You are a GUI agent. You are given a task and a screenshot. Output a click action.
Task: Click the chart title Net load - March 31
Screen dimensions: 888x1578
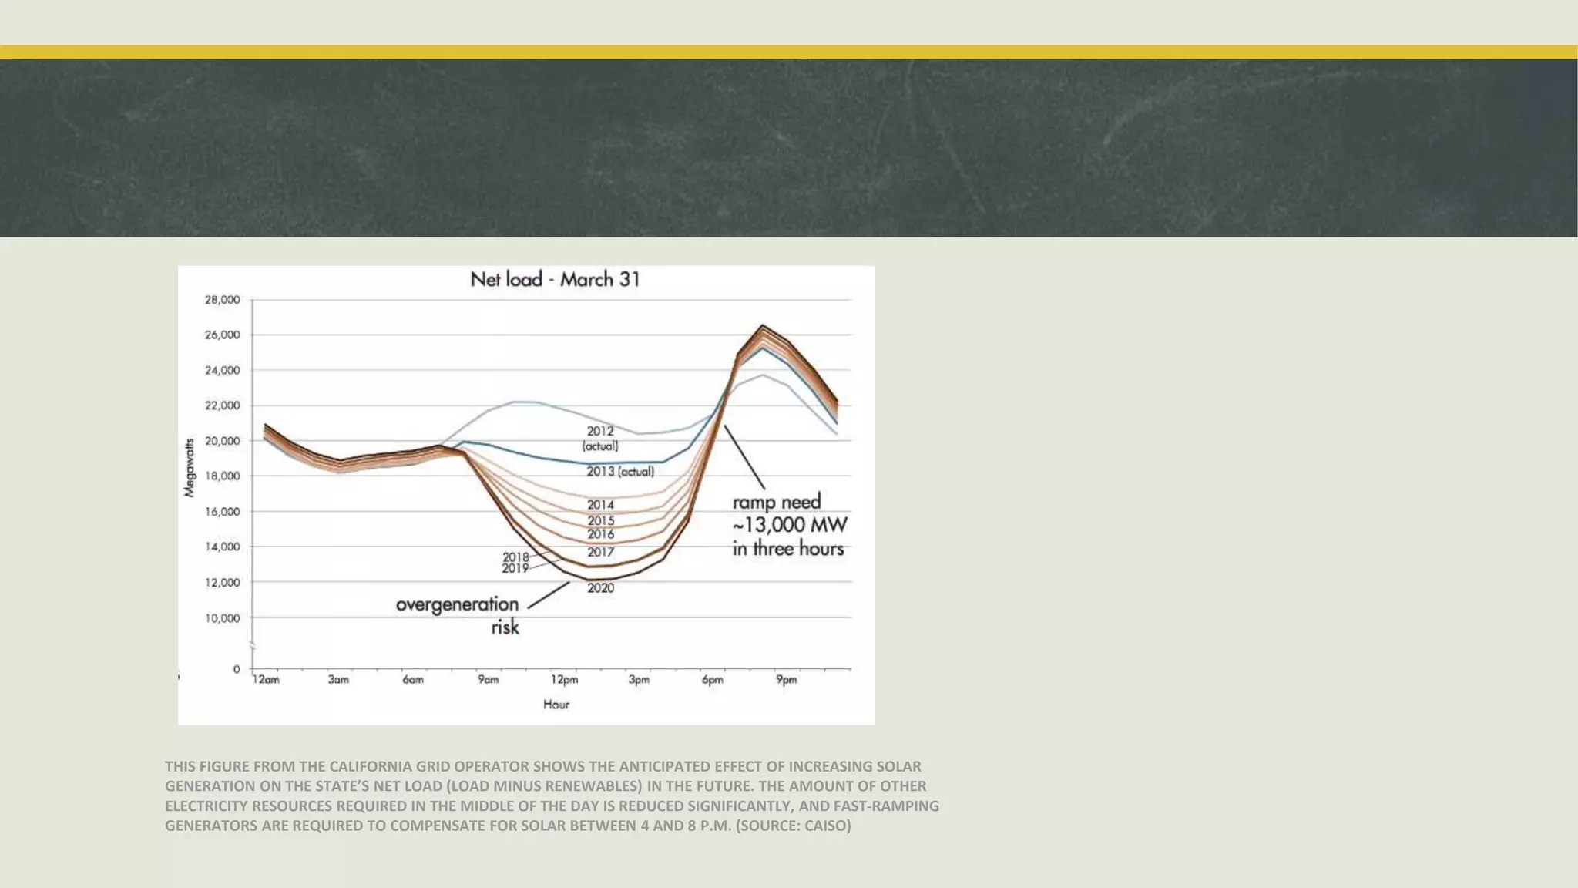(x=555, y=279)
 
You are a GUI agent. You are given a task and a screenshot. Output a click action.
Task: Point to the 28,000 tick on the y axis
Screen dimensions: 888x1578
(x=222, y=300)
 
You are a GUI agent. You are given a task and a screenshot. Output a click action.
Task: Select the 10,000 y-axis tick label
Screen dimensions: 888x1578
(x=222, y=618)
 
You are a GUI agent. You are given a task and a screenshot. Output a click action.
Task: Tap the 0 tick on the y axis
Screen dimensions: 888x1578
(x=237, y=669)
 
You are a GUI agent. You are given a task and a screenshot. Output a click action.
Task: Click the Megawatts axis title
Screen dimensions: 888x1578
(x=190, y=468)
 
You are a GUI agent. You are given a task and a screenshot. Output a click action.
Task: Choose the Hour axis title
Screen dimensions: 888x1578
(x=556, y=705)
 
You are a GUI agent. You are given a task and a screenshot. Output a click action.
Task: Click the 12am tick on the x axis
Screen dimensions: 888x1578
(x=266, y=680)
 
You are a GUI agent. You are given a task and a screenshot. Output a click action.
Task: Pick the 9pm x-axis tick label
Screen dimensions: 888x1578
(x=786, y=680)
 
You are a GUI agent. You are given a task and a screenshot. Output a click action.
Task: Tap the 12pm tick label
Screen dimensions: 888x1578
(x=564, y=680)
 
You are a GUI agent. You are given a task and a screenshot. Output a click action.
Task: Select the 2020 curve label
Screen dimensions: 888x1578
(x=600, y=588)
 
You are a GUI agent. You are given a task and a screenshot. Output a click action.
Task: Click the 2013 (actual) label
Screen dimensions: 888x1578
(x=620, y=471)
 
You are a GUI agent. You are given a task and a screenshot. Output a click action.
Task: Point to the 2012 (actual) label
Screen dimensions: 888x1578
(x=600, y=438)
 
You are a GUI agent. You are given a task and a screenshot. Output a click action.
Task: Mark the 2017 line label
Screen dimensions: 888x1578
(x=600, y=552)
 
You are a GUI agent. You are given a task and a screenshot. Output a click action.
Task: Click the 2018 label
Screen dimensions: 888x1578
(x=515, y=557)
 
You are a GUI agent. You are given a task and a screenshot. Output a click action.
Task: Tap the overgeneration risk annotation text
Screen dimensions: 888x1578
(x=458, y=614)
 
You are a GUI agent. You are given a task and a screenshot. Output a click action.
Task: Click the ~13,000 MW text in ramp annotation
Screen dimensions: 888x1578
(x=789, y=526)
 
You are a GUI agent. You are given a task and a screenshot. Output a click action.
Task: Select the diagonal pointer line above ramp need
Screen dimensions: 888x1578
(x=744, y=457)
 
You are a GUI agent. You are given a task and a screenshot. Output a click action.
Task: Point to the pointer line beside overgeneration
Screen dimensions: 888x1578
(x=549, y=595)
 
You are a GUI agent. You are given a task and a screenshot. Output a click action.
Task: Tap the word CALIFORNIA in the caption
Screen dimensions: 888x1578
(x=371, y=766)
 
